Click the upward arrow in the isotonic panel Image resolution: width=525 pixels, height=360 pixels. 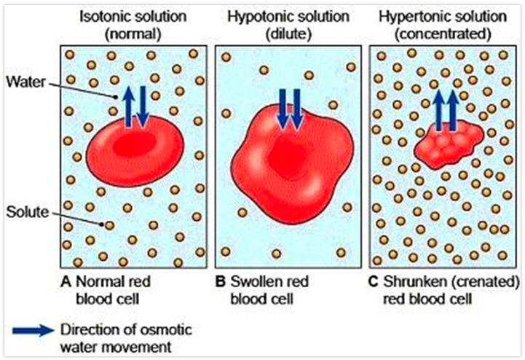coord(128,106)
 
